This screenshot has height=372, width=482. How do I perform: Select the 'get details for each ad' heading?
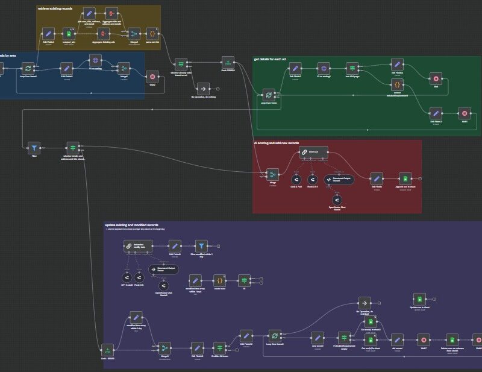(x=278, y=60)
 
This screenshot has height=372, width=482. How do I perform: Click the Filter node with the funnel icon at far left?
(x=34, y=147)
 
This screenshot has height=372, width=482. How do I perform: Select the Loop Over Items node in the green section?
(x=269, y=95)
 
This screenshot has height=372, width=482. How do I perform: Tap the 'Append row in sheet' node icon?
(x=405, y=178)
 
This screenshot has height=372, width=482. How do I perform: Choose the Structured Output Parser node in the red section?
(x=340, y=179)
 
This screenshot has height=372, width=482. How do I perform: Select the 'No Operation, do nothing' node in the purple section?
(x=365, y=302)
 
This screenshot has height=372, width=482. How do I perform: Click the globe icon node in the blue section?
(x=95, y=60)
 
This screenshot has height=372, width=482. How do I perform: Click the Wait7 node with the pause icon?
(x=424, y=339)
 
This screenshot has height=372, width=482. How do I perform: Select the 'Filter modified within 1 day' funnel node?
(x=201, y=245)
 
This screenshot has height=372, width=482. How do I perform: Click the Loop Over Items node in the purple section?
(x=274, y=335)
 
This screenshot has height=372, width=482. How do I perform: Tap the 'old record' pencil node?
(x=396, y=339)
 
